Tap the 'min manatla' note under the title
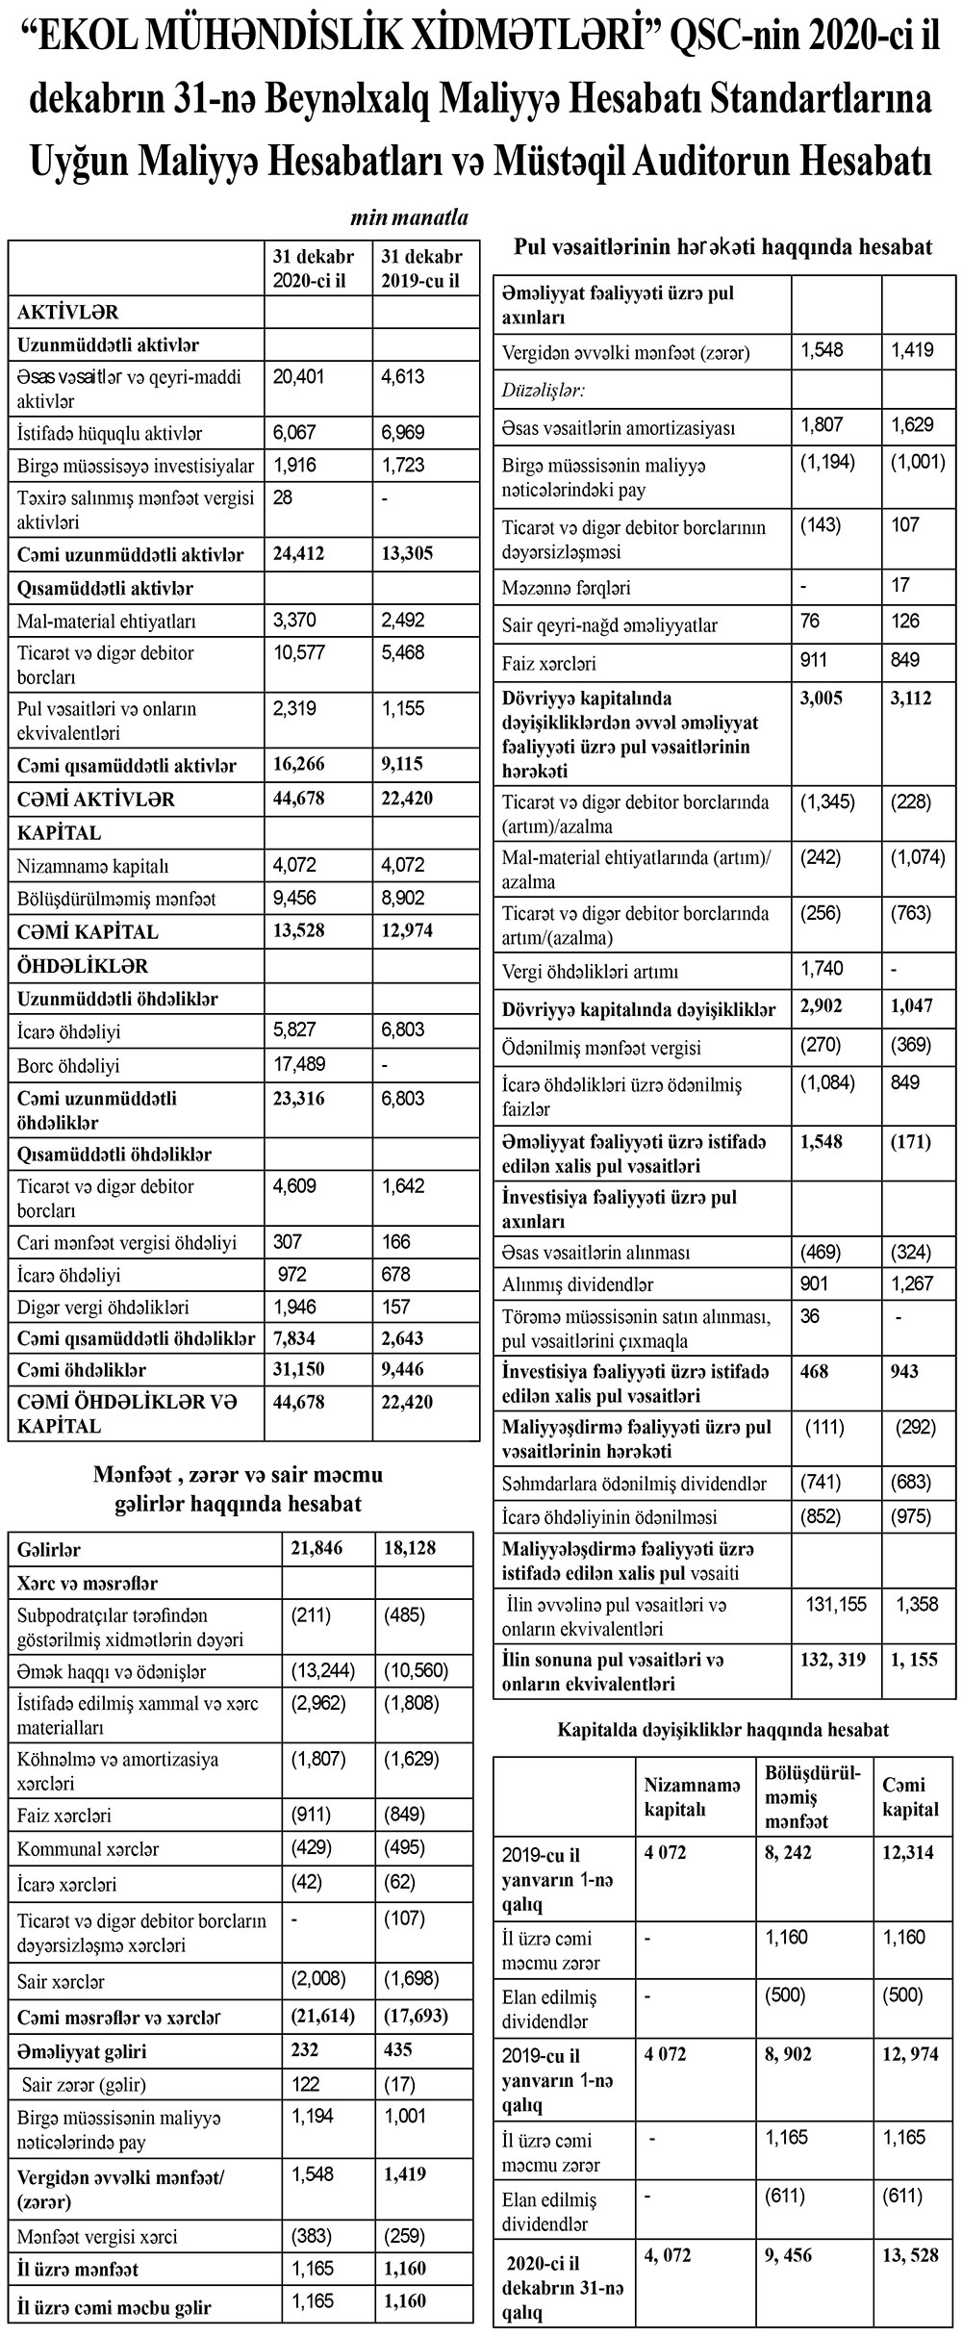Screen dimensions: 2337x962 coord(409,217)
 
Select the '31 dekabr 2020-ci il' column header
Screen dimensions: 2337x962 coord(313,268)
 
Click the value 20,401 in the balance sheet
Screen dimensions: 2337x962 coord(299,377)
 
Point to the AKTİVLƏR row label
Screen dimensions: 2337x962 coord(67,312)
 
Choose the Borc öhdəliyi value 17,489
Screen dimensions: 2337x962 coord(299,1063)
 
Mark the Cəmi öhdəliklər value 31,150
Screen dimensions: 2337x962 coord(299,1369)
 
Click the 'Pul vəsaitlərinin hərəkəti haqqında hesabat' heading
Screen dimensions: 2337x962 coord(722,247)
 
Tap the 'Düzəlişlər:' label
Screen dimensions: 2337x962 coord(544,390)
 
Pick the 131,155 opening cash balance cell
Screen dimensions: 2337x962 coord(835,1604)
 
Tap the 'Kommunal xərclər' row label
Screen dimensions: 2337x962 coord(89,1848)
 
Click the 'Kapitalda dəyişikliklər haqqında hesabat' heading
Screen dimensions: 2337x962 coord(722,1729)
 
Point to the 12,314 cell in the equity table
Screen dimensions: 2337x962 coord(907,1852)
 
